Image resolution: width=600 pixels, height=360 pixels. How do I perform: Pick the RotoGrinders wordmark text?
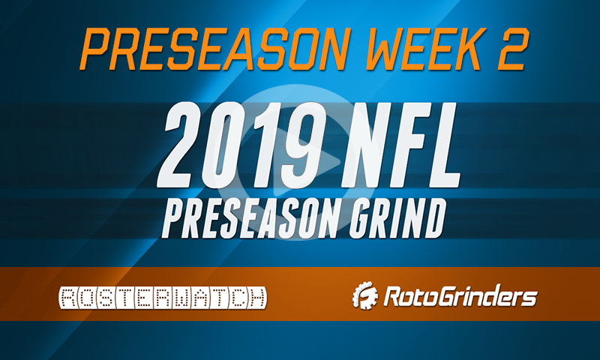pos(460,298)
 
